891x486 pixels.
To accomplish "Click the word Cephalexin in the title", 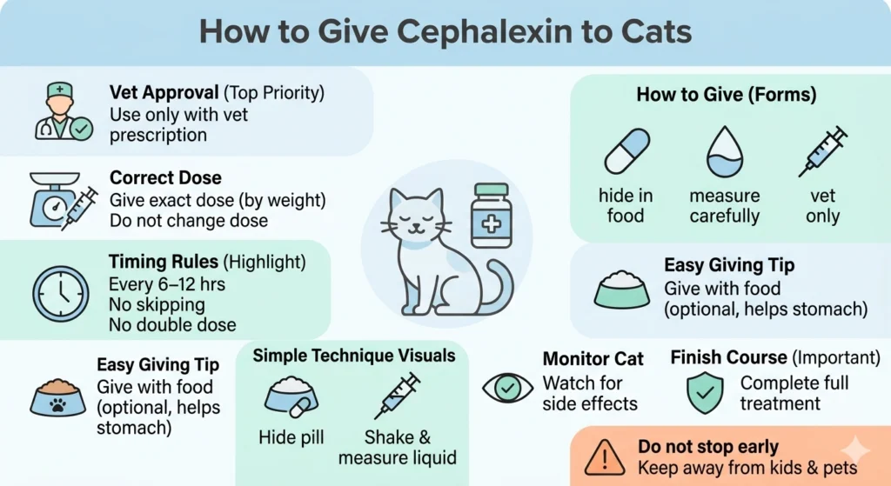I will (x=473, y=31).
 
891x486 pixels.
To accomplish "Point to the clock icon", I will (x=60, y=294).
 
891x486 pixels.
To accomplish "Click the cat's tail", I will (x=499, y=292).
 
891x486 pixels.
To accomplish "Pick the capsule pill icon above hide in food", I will (x=626, y=151).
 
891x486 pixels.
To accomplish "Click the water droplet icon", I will (x=724, y=151).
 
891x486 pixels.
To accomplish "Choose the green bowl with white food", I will (x=621, y=290).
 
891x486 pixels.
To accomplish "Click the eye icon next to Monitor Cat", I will (x=507, y=387).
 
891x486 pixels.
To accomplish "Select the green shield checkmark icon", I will (x=704, y=392).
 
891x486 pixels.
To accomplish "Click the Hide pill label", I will (x=290, y=436).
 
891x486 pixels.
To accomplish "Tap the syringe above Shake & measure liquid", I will (x=397, y=396).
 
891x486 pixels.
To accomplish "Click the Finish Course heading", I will (x=727, y=357).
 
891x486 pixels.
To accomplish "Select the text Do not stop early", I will (x=707, y=447).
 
